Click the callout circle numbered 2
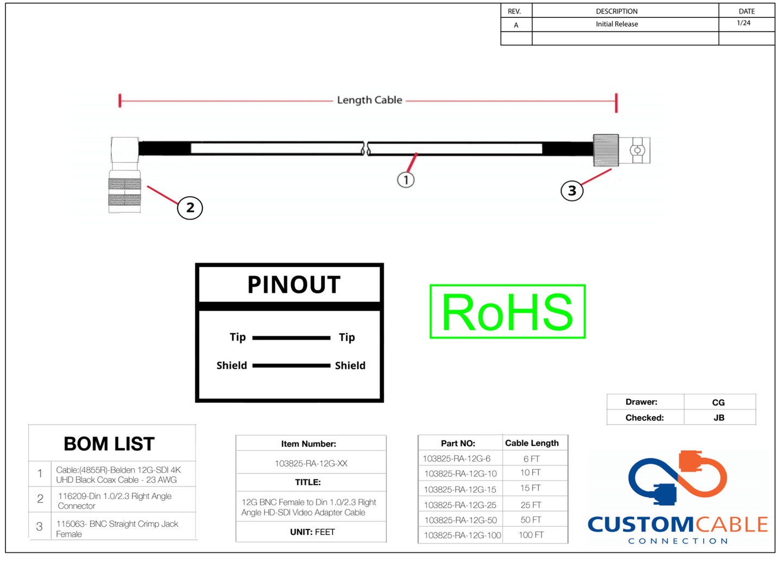190,208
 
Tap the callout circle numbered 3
572,191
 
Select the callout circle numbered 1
406,180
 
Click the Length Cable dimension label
369,100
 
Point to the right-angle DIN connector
125,175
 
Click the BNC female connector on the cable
622,150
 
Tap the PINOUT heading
294,285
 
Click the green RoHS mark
507,312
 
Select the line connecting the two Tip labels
291,338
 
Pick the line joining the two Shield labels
291,366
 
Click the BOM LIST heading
109,444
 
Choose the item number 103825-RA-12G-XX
311,464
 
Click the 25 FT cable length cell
531,505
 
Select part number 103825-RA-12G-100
462,535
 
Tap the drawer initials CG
718,402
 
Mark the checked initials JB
719,418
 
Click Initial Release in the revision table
617,24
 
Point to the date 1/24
744,23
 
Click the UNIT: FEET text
312,532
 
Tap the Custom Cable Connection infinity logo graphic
678,478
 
